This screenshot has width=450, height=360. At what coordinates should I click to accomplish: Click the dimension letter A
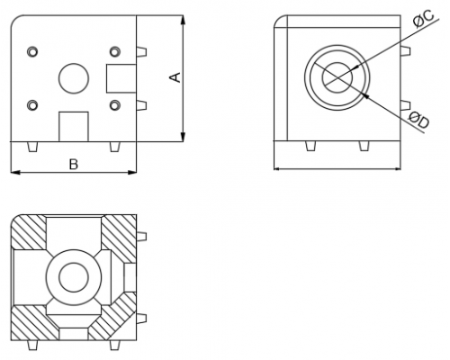coord(175,77)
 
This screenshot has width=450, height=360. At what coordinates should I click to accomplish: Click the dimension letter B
coord(74,165)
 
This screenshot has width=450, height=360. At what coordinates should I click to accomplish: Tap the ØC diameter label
coord(423,19)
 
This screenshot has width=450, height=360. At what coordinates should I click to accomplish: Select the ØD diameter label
coord(419,120)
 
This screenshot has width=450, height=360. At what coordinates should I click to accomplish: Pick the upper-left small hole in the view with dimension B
coord(32,51)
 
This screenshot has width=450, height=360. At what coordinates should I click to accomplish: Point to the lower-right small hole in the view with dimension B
coord(115,105)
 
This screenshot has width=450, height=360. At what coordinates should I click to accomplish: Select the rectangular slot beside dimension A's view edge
coord(121,78)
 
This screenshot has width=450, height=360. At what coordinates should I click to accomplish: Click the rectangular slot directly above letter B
coord(74,127)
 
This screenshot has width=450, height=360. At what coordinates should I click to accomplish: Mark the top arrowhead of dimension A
coord(183,20)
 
